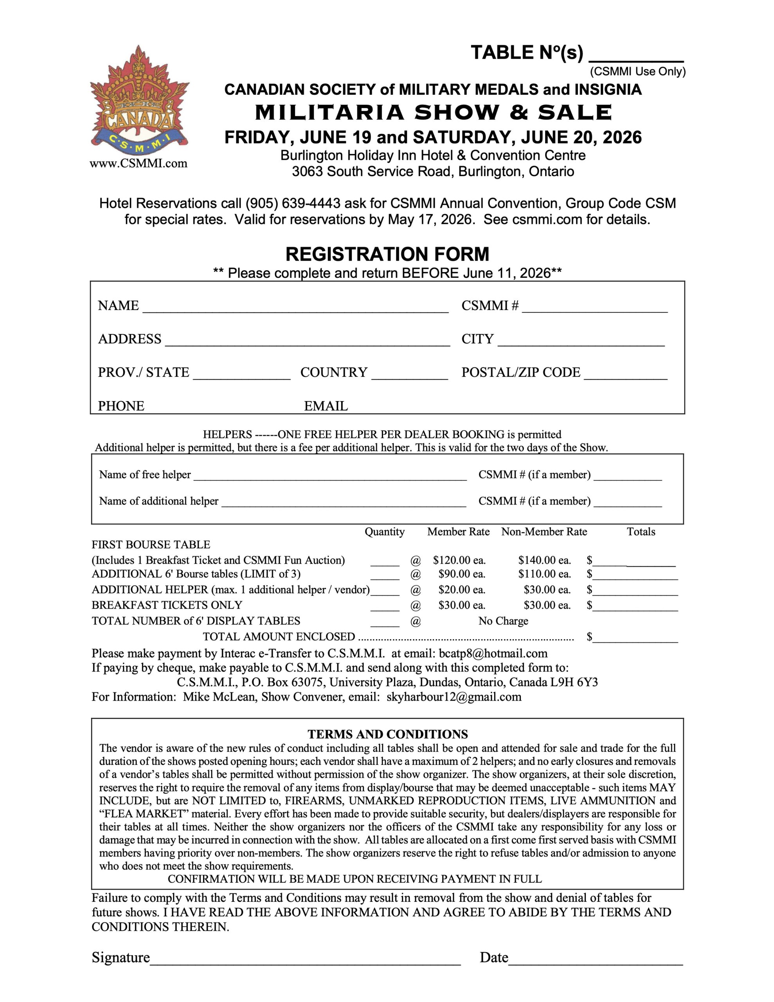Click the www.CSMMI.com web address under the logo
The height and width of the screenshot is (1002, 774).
click(139, 163)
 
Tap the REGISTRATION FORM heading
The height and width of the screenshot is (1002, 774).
click(387, 254)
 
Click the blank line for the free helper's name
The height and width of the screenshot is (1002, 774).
click(330, 477)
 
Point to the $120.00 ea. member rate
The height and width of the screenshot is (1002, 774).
click(459, 560)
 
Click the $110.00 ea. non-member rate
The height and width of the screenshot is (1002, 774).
click(545, 574)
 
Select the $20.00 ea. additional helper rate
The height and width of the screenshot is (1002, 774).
click(462, 589)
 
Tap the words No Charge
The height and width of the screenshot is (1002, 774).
click(503, 621)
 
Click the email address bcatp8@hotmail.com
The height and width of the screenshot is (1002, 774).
click(493, 653)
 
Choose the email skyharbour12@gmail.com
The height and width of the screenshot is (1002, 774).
click(454, 697)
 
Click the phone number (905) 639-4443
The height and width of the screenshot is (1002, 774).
click(293, 203)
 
